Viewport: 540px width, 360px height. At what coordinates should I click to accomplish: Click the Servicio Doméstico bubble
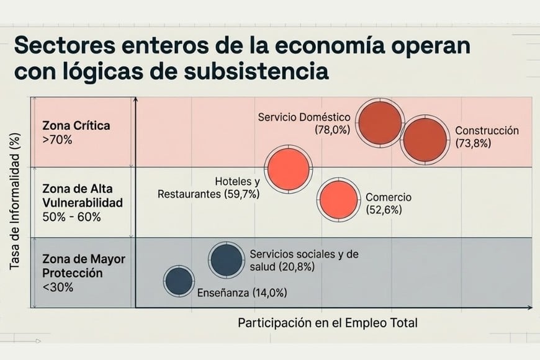(x=380, y=123)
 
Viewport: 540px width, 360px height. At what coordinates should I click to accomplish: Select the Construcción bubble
(x=425, y=140)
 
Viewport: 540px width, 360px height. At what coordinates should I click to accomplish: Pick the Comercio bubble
(x=338, y=200)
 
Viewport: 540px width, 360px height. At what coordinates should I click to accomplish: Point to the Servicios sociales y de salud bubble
(x=225, y=260)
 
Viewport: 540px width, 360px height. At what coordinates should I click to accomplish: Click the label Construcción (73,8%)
(x=487, y=137)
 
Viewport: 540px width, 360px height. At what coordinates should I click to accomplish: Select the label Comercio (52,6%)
(x=388, y=204)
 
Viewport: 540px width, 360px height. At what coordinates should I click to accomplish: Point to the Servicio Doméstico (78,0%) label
(x=305, y=124)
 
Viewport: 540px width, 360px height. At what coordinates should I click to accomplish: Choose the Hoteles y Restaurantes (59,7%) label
(x=209, y=188)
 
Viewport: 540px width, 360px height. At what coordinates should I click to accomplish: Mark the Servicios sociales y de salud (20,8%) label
(x=304, y=261)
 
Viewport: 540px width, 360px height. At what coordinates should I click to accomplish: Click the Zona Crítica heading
(x=76, y=125)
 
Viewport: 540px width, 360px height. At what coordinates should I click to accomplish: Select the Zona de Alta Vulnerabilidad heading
(x=83, y=194)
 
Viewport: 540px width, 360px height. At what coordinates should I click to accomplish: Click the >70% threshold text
(x=58, y=140)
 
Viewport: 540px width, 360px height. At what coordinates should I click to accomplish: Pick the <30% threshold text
(x=58, y=287)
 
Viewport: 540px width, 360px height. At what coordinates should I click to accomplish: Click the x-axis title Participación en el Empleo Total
(x=328, y=323)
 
